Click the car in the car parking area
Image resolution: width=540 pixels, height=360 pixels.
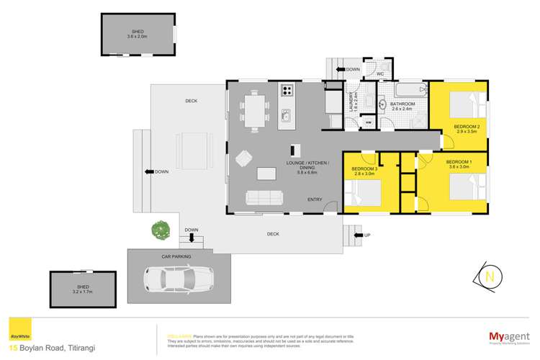point(178,277)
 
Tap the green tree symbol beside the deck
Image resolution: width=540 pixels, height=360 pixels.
point(160,231)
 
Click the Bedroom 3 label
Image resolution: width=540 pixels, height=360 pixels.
point(364,171)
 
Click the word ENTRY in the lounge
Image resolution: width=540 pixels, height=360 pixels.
point(315,199)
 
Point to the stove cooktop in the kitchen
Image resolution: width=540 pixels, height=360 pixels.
point(287,91)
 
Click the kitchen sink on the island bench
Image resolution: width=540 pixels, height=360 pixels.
point(286,115)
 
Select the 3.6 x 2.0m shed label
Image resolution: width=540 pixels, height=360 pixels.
point(137,34)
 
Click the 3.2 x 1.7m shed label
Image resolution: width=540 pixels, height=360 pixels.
point(83,292)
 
